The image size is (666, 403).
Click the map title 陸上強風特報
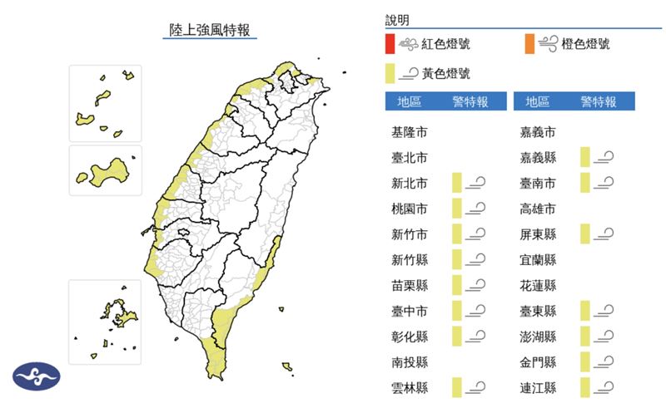tap(208, 31)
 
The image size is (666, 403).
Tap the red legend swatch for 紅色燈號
tap(390, 44)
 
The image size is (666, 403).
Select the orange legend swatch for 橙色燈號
tap(529, 44)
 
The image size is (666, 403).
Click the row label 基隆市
tap(410, 132)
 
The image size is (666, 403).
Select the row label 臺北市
tap(410, 158)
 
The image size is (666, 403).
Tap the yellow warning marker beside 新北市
tap(457, 183)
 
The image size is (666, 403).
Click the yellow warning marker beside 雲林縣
tap(457, 387)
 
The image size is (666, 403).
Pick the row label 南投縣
tap(410, 362)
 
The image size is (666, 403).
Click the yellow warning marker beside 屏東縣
tap(585, 234)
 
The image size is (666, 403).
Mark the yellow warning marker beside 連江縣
tap(585, 387)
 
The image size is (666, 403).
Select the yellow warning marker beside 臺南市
tap(585, 183)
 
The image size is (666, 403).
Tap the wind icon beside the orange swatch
tap(550, 44)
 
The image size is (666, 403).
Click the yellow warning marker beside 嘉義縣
tap(585, 157)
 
